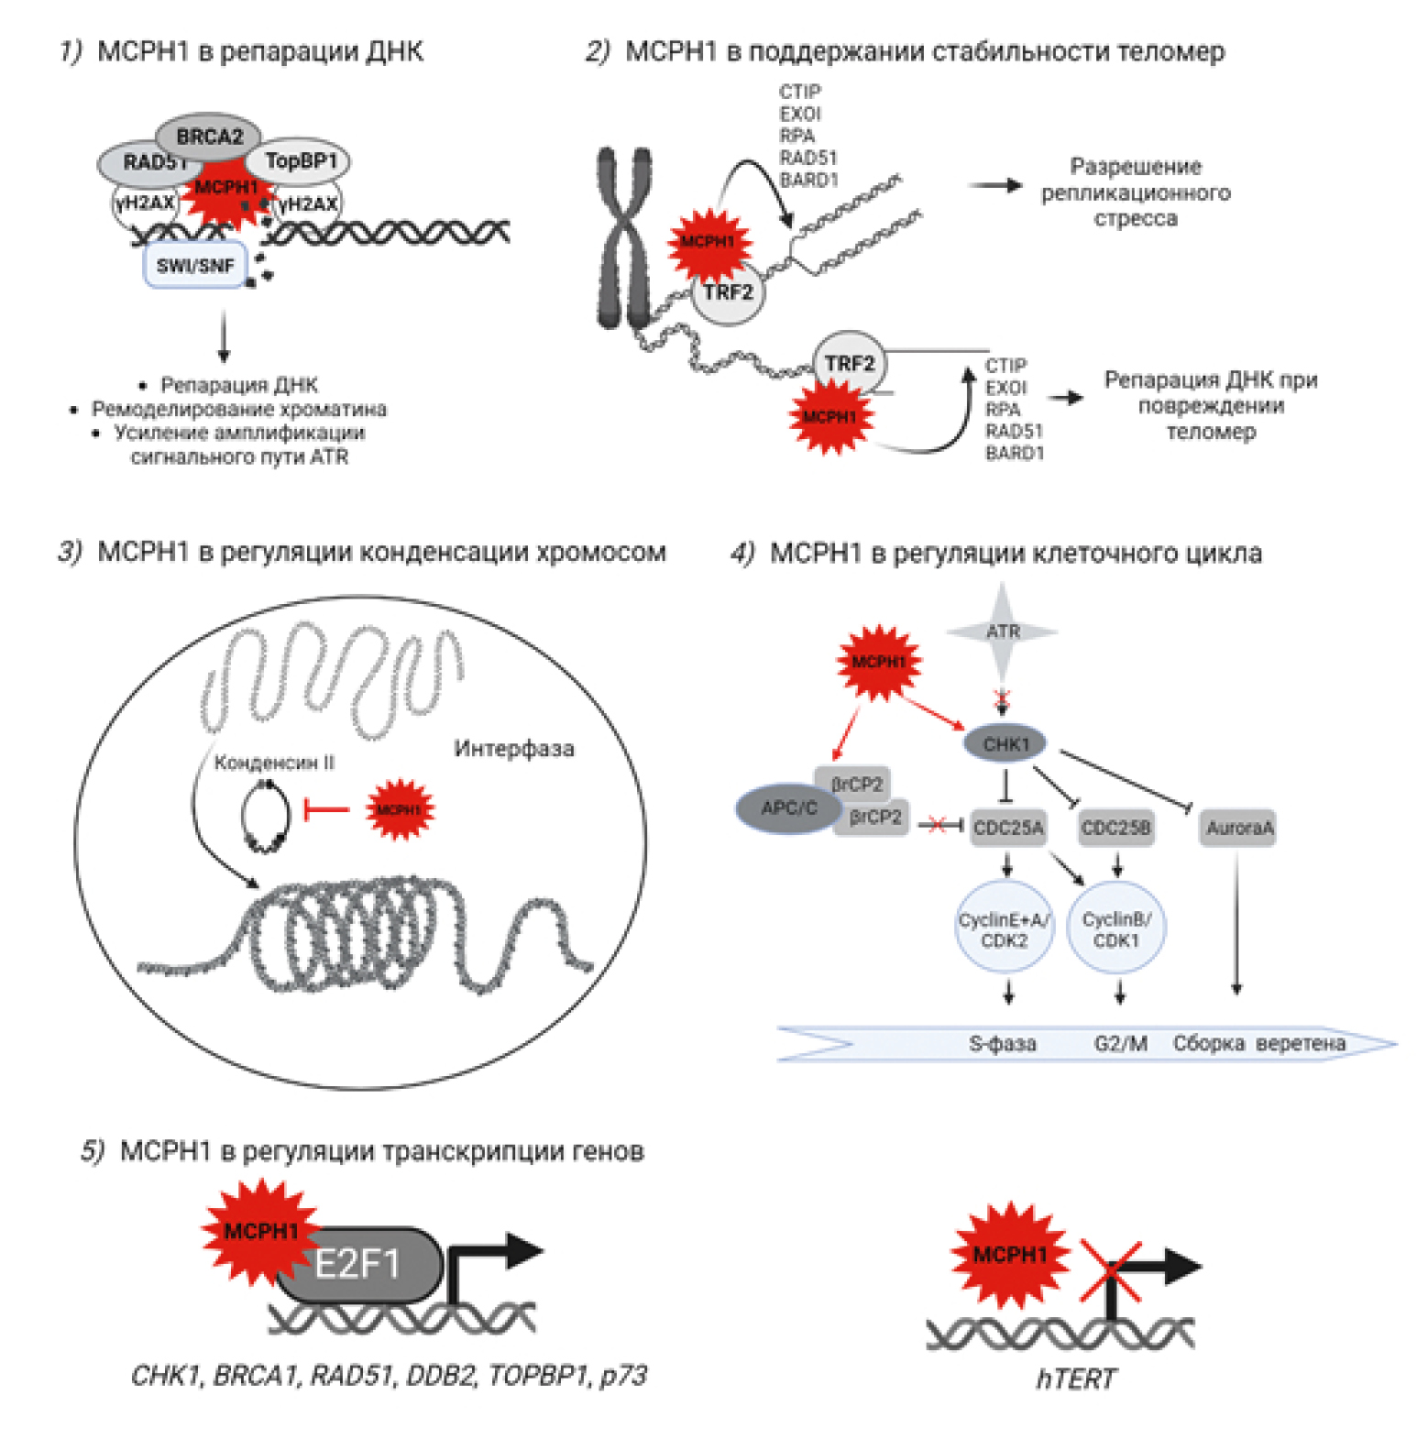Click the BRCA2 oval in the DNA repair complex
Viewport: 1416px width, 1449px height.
point(209,137)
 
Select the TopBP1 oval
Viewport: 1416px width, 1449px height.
point(301,161)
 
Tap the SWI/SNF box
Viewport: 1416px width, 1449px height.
point(195,266)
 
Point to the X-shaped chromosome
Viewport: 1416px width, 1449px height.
point(624,238)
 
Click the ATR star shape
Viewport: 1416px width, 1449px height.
point(1003,631)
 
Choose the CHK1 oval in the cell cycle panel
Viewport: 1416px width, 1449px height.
point(1005,744)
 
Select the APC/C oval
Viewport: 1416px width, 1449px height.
point(788,808)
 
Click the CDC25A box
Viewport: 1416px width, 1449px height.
point(1008,828)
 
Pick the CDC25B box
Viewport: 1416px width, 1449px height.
point(1115,828)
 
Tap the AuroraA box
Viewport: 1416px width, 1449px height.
point(1238,828)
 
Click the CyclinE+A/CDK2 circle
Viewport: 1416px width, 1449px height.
point(1004,928)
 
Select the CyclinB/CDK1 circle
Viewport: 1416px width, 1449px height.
point(1116,928)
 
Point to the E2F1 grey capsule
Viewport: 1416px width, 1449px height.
point(358,1266)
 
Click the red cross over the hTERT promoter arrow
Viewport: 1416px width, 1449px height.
point(1111,1270)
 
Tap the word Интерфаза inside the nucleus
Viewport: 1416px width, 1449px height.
point(514,749)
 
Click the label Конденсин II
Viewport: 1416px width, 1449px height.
point(274,763)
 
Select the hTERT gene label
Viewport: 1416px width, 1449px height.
point(1076,1378)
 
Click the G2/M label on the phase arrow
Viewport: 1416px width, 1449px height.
point(1120,1043)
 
